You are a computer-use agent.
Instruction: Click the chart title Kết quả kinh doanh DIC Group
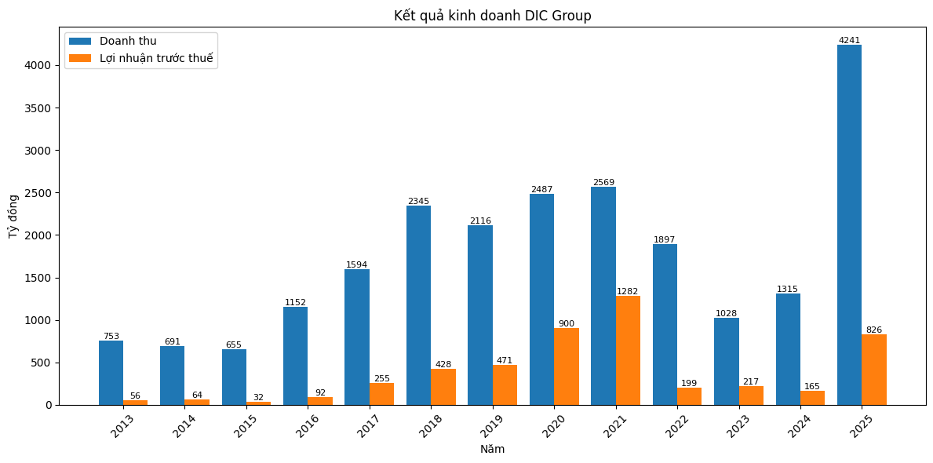coord(493,16)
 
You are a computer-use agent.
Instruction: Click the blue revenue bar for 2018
coord(418,305)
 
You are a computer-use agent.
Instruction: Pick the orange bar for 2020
coord(567,366)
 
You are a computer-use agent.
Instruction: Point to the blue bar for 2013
coord(111,373)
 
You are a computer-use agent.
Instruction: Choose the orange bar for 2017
coord(381,394)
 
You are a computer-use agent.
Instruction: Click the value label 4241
coord(849,40)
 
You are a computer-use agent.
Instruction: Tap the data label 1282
coord(628,291)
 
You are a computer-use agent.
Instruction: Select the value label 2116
coord(480,221)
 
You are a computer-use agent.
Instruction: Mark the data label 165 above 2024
coord(812,386)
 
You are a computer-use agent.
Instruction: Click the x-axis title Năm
coord(493,449)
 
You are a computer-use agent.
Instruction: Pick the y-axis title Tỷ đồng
coord(13,221)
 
